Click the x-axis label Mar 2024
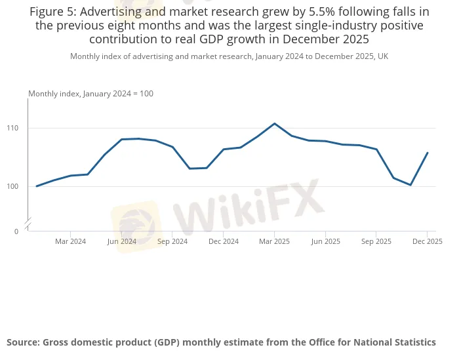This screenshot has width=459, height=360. [70, 241]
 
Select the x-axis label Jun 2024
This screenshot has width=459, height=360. [121, 241]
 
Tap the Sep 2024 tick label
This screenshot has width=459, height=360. [172, 241]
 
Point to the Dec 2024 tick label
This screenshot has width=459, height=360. [224, 241]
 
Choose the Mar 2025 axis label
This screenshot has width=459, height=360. [274, 241]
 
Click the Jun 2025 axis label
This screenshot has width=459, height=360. [325, 241]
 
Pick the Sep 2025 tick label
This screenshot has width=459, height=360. [376, 241]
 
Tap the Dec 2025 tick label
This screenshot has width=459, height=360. [427, 241]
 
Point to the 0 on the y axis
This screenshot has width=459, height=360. [16, 231]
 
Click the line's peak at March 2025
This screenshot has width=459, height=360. [274, 123]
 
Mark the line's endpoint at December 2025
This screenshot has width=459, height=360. [428, 153]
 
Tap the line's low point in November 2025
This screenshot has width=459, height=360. [410, 185]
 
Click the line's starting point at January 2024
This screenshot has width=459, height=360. [37, 186]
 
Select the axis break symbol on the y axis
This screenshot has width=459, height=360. [28, 224]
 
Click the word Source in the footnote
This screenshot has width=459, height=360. [24, 342]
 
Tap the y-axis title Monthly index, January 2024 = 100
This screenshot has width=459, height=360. [90, 94]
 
